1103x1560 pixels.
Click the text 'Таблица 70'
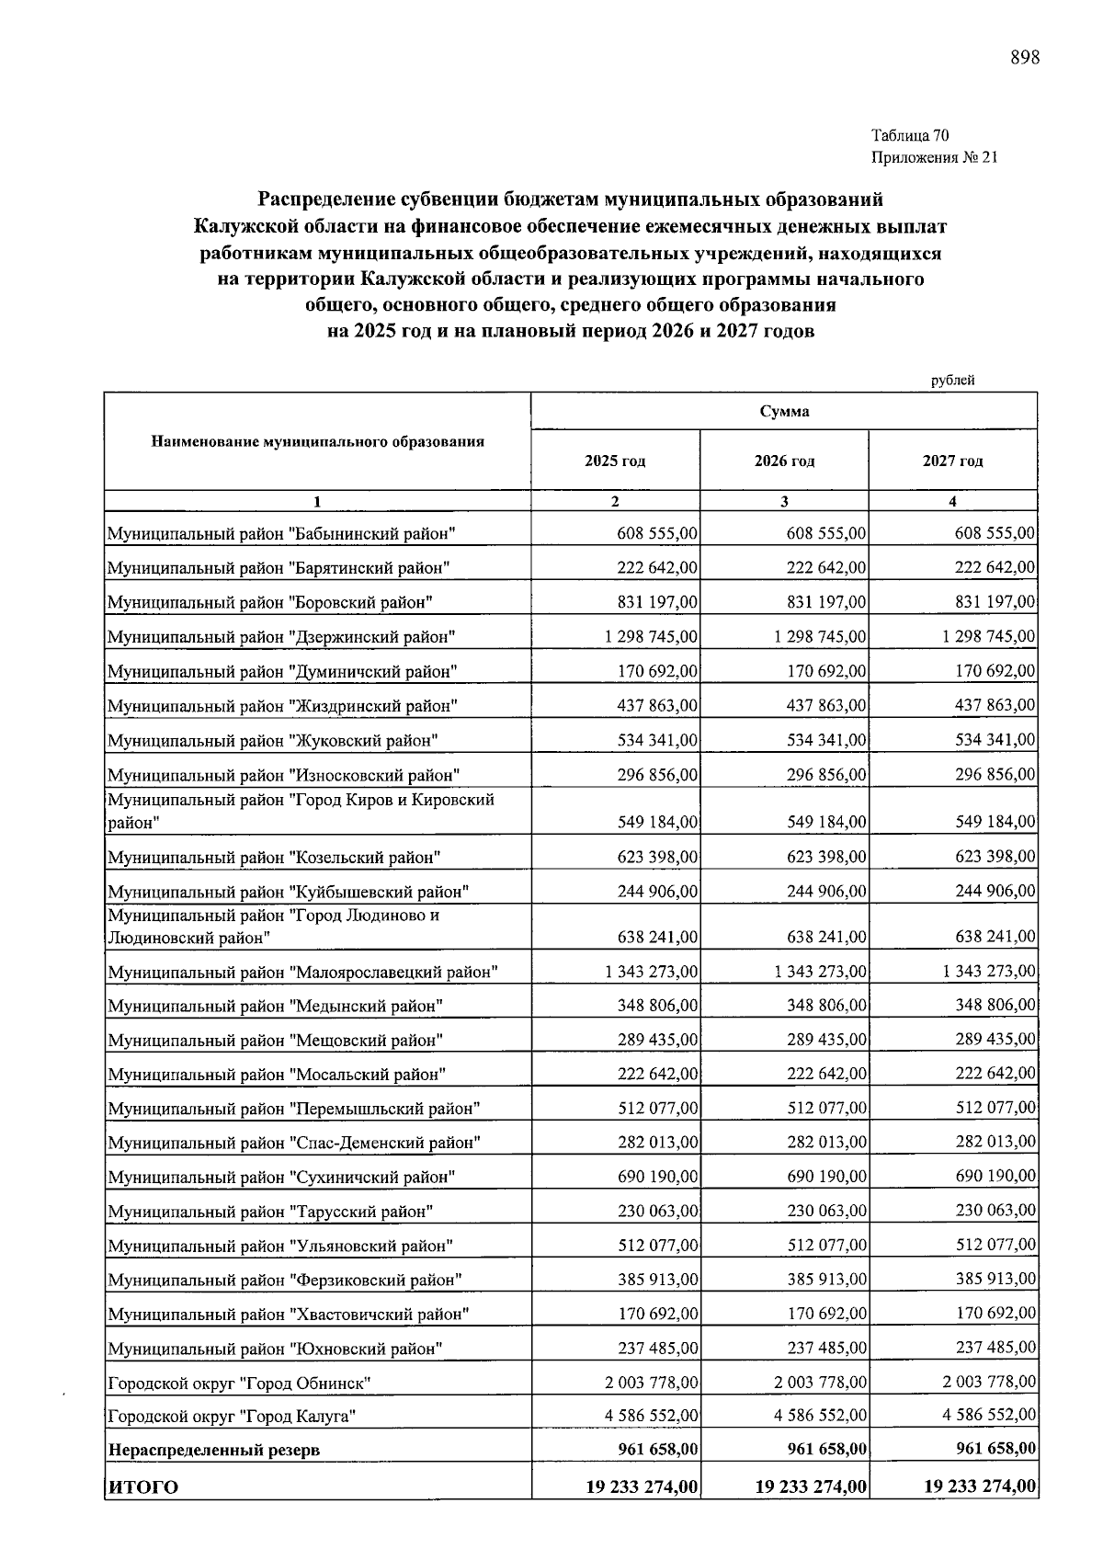click(910, 136)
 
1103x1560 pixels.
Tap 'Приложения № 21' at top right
click(933, 157)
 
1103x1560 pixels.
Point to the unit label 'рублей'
click(952, 380)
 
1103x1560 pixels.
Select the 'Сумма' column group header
click(784, 411)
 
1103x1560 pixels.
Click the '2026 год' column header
click(784, 461)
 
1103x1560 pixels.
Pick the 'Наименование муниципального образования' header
click(317, 441)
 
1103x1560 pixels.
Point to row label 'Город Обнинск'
click(240, 1383)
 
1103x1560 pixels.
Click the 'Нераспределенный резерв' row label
click(214, 1451)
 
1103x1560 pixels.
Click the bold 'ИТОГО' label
click(143, 1487)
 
